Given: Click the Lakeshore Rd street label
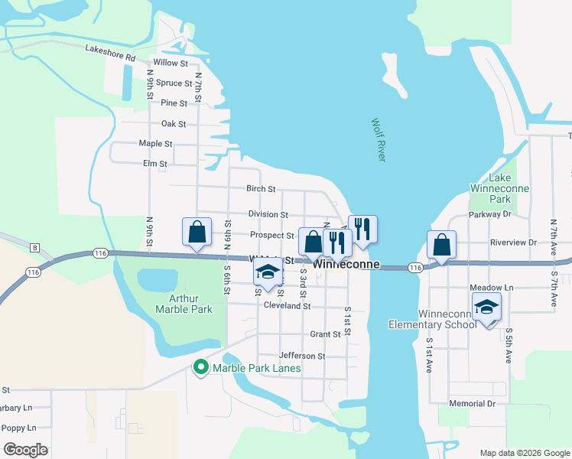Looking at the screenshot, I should point(110,53).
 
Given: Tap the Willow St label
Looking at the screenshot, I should point(171,63).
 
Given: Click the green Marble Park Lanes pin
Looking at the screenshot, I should point(201,368).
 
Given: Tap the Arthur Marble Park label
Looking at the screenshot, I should point(183,304).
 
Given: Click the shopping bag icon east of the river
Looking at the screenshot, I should point(442,245).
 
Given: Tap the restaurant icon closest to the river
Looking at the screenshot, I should point(362,228).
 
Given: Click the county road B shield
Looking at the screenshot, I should point(34,247).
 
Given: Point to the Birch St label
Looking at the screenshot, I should point(261,189).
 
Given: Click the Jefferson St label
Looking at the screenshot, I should point(302,356).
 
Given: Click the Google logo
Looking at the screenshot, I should point(25,450).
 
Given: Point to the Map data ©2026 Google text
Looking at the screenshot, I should point(524,452).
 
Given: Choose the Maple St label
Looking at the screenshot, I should point(155,144).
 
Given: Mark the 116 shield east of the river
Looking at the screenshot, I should point(414,267).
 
